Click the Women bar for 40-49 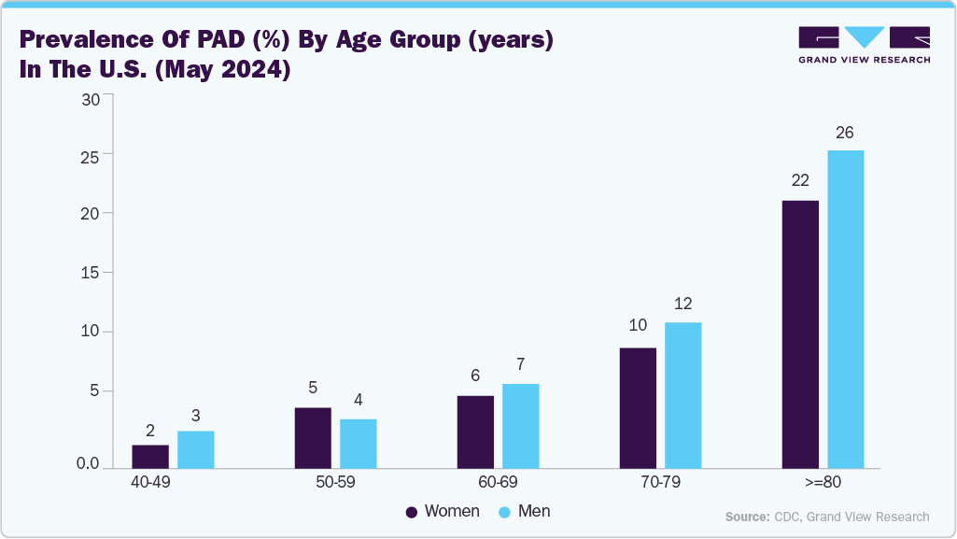coord(150,456)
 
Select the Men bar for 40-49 coord(196,449)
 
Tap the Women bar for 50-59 coord(313,437)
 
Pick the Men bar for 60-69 coord(520,425)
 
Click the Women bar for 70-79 coord(638,407)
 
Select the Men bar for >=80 coord(845,308)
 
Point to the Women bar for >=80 coord(800,333)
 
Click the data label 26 coord(844,133)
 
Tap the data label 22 coord(799,180)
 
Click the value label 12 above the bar coord(683,304)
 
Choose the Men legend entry coord(525,511)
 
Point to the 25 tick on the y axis coord(90,154)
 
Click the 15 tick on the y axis coord(90,273)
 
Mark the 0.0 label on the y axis coord(88,464)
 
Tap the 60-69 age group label coord(498,482)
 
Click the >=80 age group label coord(823,482)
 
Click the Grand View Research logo coord(864,44)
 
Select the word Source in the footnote coord(746,517)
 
